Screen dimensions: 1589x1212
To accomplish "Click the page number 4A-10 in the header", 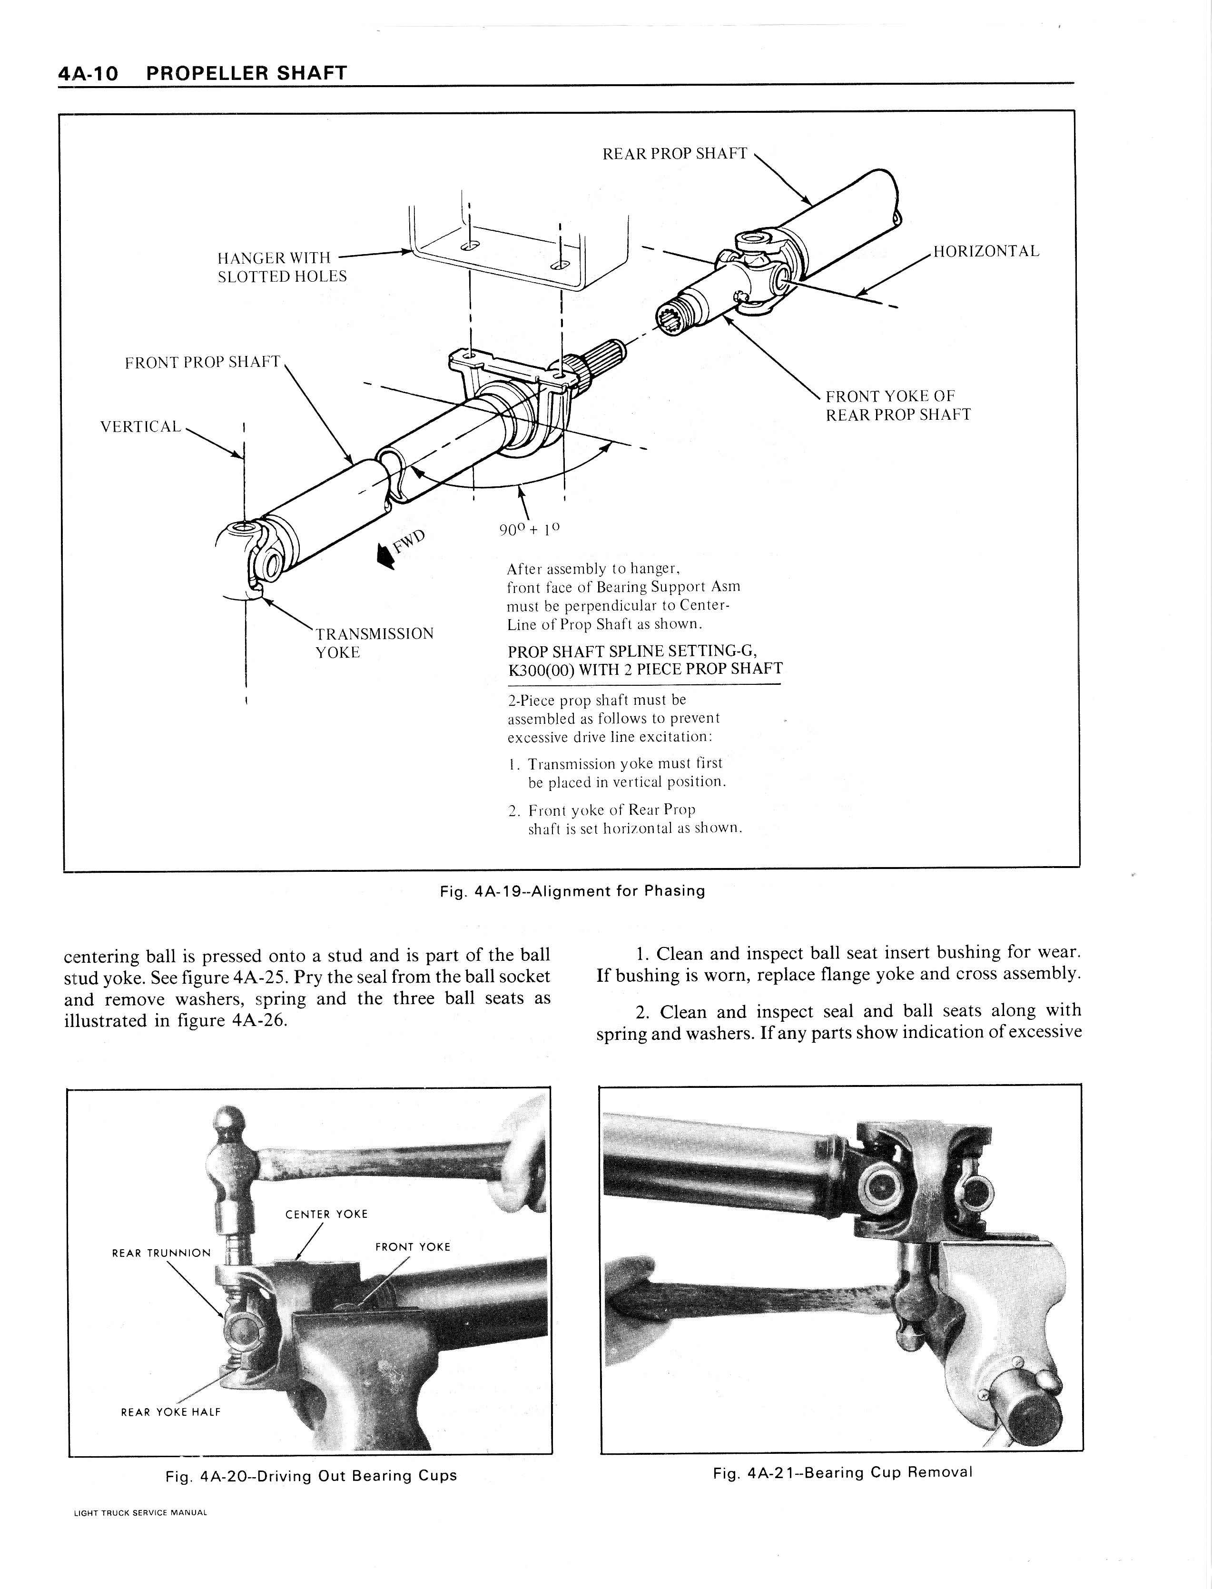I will (x=88, y=74).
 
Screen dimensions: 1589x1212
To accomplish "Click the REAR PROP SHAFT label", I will (x=675, y=154).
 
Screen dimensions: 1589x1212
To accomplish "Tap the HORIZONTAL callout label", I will (x=986, y=252).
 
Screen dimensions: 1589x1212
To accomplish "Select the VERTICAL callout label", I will (x=141, y=426).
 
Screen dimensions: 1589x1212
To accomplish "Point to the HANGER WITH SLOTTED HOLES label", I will (x=281, y=267).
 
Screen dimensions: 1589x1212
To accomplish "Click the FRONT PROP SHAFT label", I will (x=202, y=362).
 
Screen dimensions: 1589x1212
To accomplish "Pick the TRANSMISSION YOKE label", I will (x=374, y=642).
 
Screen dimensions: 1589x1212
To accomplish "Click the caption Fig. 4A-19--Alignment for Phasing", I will (x=572, y=891).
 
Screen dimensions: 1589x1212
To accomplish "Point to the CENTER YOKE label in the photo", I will (x=326, y=1214).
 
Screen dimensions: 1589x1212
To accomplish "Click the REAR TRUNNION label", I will (x=161, y=1253).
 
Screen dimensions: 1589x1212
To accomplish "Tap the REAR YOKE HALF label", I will (x=170, y=1411).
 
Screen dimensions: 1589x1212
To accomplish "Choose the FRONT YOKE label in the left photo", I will (x=413, y=1246).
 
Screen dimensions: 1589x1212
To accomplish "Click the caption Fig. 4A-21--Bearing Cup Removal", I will (x=842, y=1472).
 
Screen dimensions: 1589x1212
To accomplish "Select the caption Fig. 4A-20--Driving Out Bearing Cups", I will (x=311, y=1476).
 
